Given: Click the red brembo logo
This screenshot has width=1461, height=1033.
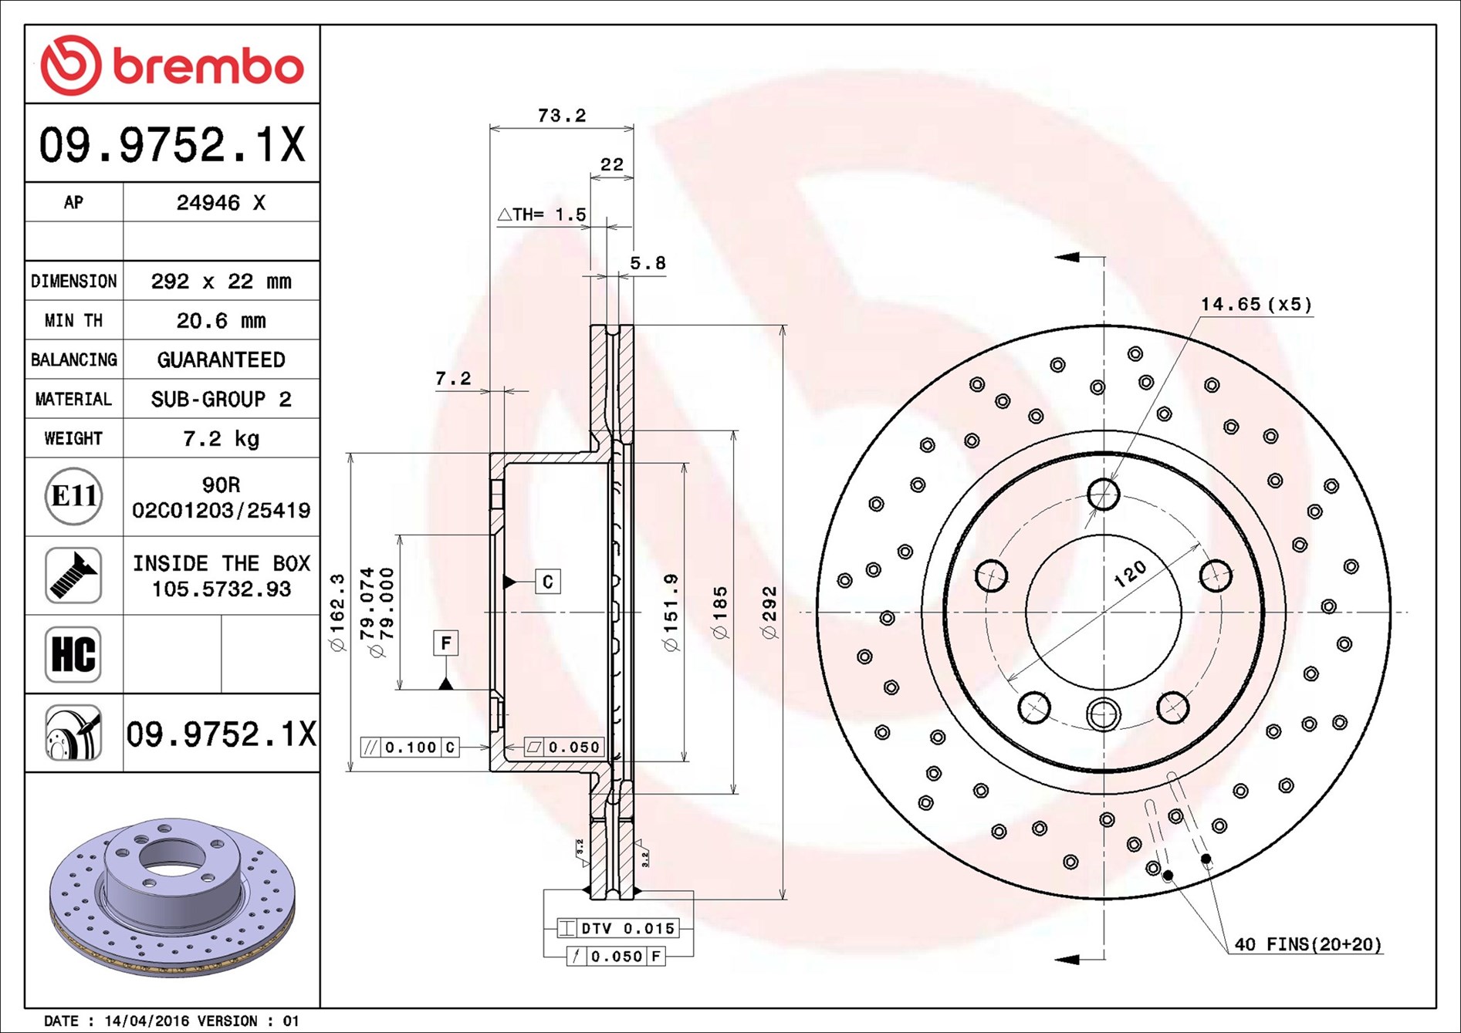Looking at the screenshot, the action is (172, 65).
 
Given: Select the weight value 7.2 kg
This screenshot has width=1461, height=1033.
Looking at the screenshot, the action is (221, 439).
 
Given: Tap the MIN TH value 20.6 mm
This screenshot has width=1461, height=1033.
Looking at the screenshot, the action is (221, 320).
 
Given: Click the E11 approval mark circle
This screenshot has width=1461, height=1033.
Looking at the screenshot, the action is (73, 496).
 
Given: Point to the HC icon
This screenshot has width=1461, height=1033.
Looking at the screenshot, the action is (73, 654).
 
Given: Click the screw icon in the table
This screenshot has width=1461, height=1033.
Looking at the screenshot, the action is (73, 576).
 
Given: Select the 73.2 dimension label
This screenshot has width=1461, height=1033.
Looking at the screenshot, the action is (562, 116).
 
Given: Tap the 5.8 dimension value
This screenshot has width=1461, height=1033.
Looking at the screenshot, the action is (648, 263).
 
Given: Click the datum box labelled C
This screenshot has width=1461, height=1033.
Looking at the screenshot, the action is (548, 581).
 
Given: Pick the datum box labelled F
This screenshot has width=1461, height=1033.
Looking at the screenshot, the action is (445, 643).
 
